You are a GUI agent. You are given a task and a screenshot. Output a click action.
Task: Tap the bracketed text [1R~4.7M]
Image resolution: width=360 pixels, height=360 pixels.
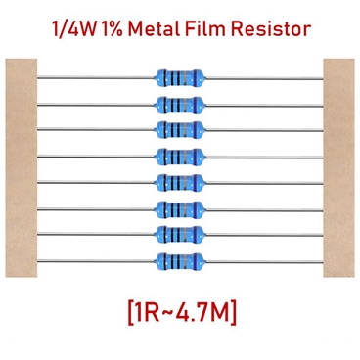click(x=179, y=312)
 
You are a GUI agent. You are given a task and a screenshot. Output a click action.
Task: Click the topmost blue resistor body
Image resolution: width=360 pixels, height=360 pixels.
click(x=179, y=76)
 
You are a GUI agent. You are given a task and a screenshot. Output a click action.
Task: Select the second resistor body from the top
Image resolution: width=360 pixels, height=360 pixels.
click(x=179, y=103)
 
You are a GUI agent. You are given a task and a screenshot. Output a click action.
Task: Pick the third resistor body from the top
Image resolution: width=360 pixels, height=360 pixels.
click(x=179, y=128)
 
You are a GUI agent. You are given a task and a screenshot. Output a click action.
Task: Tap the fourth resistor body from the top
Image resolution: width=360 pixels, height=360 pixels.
click(x=179, y=155)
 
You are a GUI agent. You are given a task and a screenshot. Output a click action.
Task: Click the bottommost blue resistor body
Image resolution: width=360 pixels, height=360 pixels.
click(x=179, y=259)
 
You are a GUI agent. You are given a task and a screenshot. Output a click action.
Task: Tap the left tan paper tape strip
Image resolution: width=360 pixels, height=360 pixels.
click(x=20, y=166)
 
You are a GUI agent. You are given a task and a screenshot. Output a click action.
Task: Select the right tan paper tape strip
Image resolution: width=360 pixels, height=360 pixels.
click(x=338, y=166)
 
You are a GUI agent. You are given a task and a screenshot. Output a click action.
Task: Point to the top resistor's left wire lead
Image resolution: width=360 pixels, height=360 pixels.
click(x=98, y=74)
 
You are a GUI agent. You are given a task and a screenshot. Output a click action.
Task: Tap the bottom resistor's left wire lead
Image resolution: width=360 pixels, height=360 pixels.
click(x=98, y=258)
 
